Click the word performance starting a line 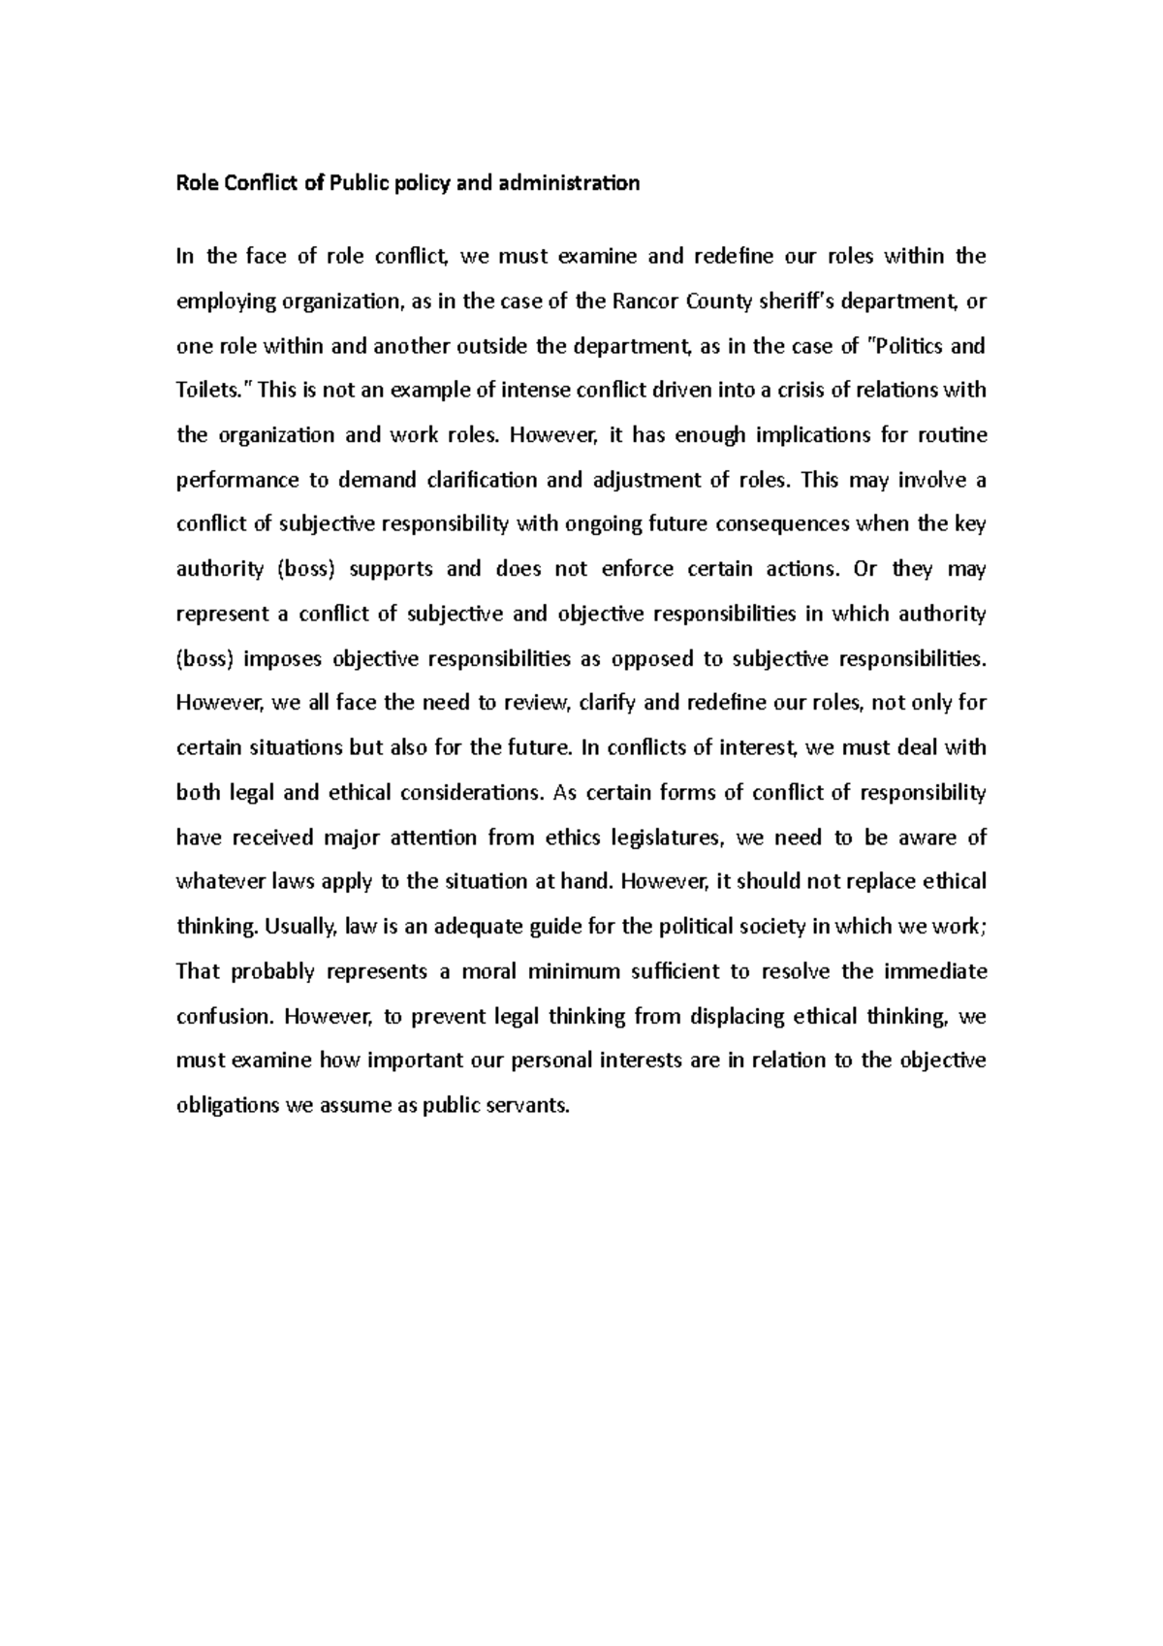pos(236,480)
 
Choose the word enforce pos(638,569)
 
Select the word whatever pos(219,882)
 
